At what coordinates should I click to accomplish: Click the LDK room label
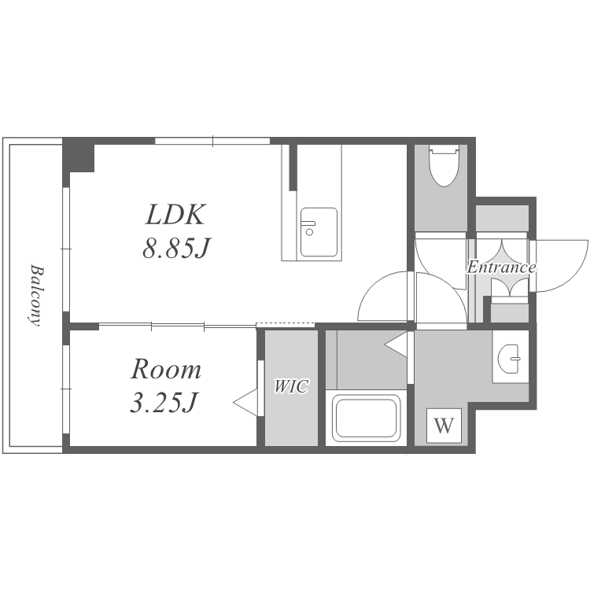175,215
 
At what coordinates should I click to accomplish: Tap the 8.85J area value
175,248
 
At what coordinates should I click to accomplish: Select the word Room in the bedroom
165,369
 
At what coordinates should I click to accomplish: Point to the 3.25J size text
164,402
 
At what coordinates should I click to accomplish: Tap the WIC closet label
292,386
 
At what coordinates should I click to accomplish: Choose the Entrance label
501,267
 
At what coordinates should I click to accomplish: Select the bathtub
366,418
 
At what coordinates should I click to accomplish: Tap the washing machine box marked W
444,426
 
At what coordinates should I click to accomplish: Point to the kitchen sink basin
319,232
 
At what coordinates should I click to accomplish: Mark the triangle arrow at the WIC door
245,403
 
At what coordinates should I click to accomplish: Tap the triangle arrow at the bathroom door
396,344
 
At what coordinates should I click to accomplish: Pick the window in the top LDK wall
212,141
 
